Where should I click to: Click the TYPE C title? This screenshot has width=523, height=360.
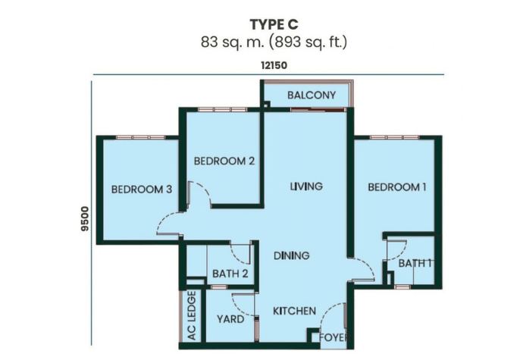274,24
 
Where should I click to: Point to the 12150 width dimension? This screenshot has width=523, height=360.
274,65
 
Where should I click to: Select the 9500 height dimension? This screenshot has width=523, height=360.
86,219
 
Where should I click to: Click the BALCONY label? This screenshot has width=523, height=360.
312,95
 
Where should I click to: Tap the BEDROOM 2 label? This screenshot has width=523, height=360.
224,161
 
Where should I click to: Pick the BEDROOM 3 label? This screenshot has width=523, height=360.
142,189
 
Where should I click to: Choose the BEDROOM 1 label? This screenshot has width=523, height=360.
397,187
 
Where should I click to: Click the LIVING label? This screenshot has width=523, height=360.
306,186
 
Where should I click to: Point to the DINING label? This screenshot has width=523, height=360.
292,255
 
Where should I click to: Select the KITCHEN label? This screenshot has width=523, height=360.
294,311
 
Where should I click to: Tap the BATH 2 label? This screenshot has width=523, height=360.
230,274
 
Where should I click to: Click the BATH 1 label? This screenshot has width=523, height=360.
415,263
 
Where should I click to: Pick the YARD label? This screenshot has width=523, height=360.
230,319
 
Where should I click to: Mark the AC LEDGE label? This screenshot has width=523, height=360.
192,315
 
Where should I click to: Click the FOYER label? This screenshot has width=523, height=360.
334,337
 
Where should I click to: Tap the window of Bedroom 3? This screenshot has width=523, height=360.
140,137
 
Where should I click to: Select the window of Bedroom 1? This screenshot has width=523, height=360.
394,137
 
